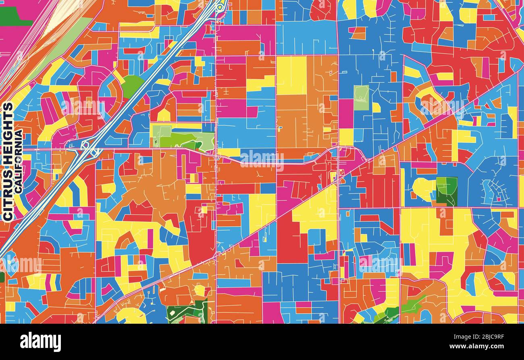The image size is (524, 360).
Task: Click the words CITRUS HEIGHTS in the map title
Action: pos(8,161)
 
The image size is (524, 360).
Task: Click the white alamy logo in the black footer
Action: pos(40,342)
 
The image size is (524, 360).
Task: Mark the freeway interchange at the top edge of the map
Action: pos(220,6)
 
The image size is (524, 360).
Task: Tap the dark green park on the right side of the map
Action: pos(447,191)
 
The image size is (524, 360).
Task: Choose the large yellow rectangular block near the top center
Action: pos(291,75)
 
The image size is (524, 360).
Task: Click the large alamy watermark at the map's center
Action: pos(262,160)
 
